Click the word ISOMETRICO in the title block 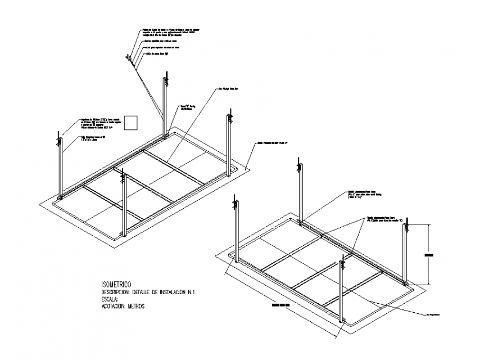pyautogui.click(x=116, y=285)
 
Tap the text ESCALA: pyautogui.click(x=111, y=299)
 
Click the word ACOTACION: pyautogui.click(x=113, y=307)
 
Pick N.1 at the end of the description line pyautogui.click(x=197, y=292)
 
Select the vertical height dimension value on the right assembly pyautogui.click(x=429, y=255)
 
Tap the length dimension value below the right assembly pyautogui.click(x=280, y=305)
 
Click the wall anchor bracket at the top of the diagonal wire pyautogui.click(x=129, y=58)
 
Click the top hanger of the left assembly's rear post pyautogui.click(x=166, y=78)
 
